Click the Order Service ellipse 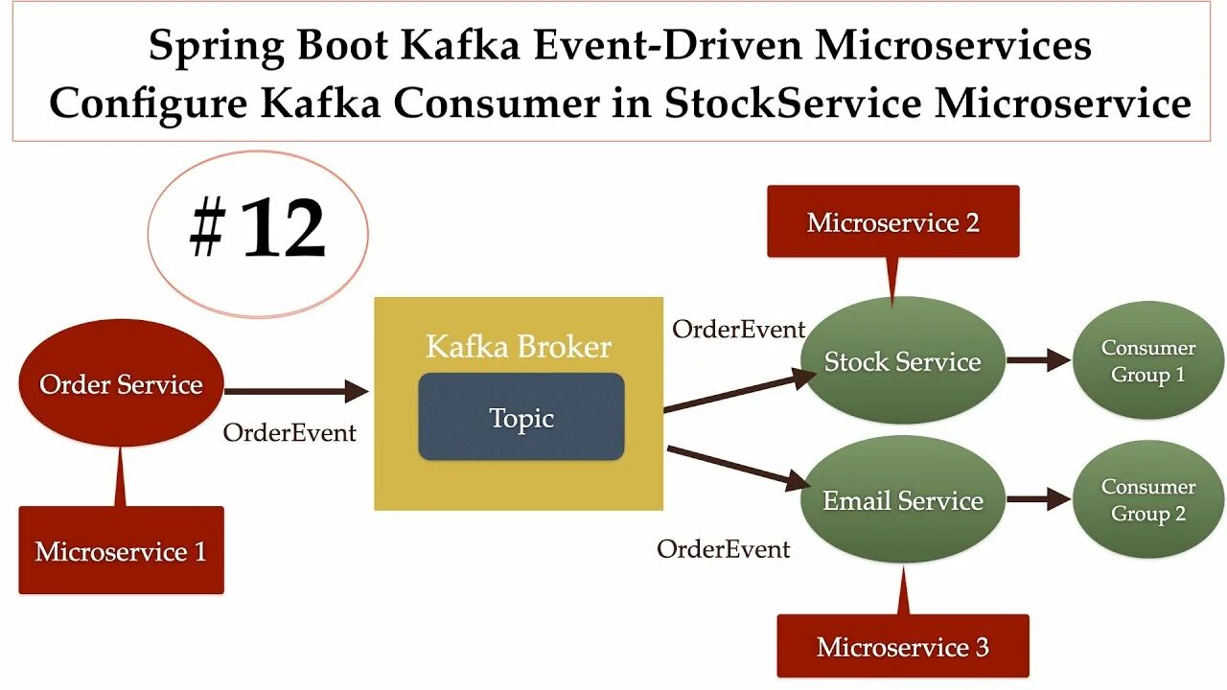(x=121, y=385)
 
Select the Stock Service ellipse (x=902, y=361)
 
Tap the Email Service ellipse (x=902, y=500)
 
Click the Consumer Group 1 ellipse (x=1147, y=361)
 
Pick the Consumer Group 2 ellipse (x=1147, y=500)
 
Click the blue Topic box (x=521, y=418)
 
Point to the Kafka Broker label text (x=519, y=346)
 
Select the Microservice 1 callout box (x=121, y=551)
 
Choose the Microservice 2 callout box (x=892, y=222)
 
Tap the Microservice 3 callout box (x=902, y=647)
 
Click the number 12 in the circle (x=283, y=231)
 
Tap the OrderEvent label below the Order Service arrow (x=289, y=433)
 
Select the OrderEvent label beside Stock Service (x=738, y=330)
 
